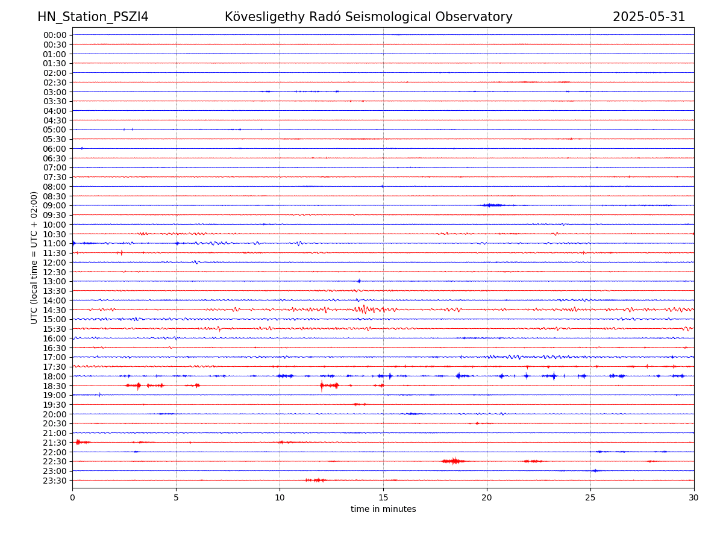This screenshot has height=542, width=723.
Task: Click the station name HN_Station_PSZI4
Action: click(93, 17)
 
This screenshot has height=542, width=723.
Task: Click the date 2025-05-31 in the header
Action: click(649, 17)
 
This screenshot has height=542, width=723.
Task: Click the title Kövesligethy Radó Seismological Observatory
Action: click(368, 17)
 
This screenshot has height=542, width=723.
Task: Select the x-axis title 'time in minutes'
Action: click(383, 509)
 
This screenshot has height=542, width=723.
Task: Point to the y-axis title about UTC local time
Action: click(34, 258)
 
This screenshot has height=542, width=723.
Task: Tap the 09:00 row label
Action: click(54, 205)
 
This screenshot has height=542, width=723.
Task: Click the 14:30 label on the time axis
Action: click(54, 310)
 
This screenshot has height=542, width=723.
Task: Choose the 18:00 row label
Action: click(54, 376)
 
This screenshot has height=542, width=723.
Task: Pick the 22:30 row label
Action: click(54, 461)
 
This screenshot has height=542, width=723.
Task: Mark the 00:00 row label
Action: click(54, 35)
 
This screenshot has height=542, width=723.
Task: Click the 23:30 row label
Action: click(54, 481)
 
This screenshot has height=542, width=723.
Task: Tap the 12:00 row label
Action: click(54, 263)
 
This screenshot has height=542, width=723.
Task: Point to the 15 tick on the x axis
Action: click(383, 497)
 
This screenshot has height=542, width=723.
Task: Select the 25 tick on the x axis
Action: click(590, 497)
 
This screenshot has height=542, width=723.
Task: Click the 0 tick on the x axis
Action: click(72, 497)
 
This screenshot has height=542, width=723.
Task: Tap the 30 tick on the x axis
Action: click(694, 497)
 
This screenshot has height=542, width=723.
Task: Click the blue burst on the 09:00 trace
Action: click(492, 205)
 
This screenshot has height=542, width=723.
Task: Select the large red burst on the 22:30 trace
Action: click(453, 461)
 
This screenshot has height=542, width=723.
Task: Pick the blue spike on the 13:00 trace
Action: click(359, 281)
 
